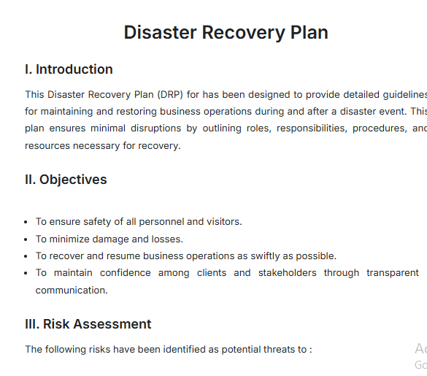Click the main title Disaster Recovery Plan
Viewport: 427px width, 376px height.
[x=226, y=33]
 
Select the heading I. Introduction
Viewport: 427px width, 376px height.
[x=69, y=70]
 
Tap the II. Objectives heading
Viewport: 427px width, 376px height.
[x=66, y=180]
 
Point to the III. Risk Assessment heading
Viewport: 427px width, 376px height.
[x=88, y=324]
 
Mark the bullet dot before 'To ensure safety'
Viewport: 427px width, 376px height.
[x=27, y=222]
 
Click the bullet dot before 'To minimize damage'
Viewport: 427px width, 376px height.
[x=27, y=239]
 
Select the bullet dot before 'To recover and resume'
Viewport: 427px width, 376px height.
[x=27, y=256]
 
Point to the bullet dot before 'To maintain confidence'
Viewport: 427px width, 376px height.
[x=27, y=273]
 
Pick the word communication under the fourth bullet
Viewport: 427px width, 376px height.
[x=72, y=290]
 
